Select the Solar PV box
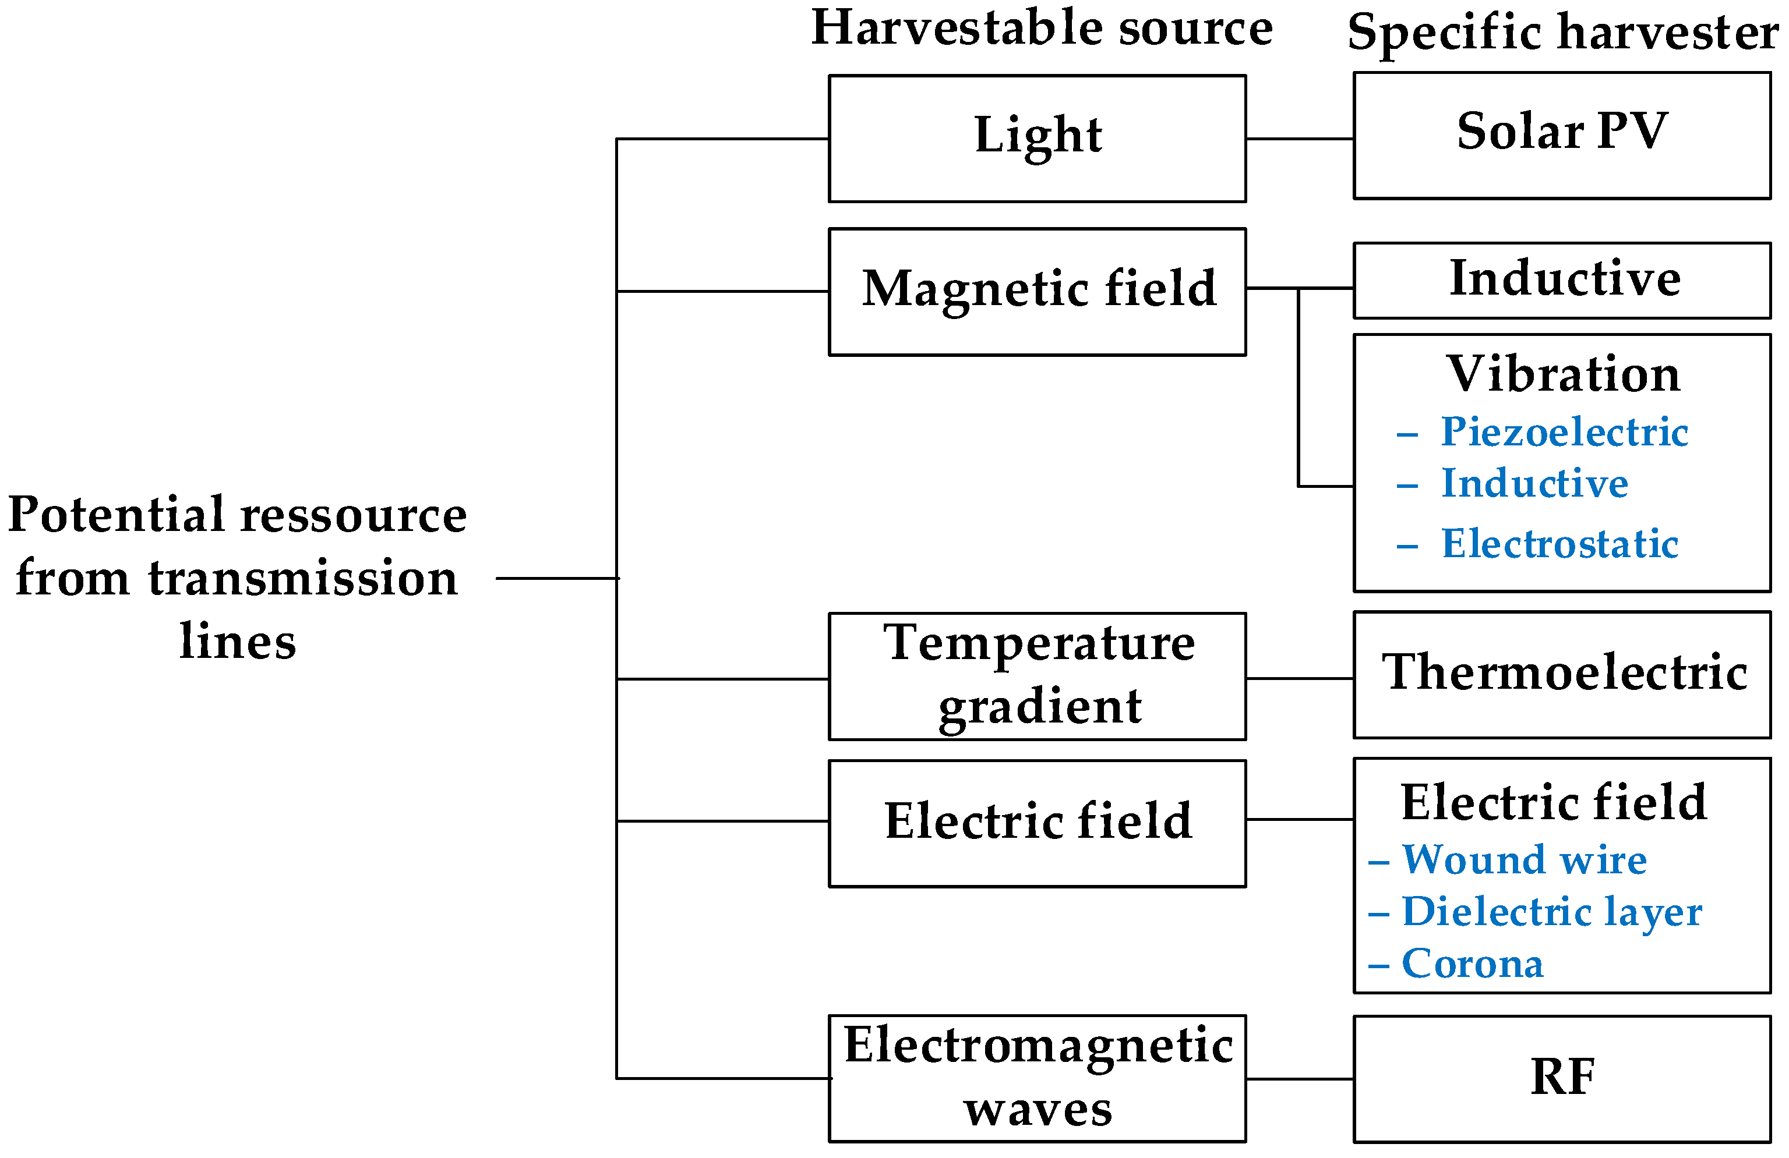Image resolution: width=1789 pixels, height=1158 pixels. click(1562, 135)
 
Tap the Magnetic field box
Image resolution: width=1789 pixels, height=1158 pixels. click(1038, 291)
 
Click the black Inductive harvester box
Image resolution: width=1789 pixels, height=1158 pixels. click(1562, 279)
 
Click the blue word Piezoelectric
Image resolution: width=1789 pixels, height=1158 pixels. click(1564, 432)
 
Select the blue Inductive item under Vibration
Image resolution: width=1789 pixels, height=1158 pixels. click(1533, 483)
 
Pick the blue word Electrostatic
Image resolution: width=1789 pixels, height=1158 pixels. click(1559, 543)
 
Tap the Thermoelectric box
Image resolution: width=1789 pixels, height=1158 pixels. click(1562, 674)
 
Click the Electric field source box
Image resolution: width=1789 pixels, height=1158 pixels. click(1038, 822)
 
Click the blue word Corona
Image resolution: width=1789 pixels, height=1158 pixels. click(1472, 964)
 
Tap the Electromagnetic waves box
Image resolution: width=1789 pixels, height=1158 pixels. click(1038, 1078)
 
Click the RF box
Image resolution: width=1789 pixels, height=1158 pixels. click(1562, 1078)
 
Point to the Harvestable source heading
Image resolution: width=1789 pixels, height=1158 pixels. click(1042, 29)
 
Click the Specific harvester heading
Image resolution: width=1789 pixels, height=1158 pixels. click(1562, 33)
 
